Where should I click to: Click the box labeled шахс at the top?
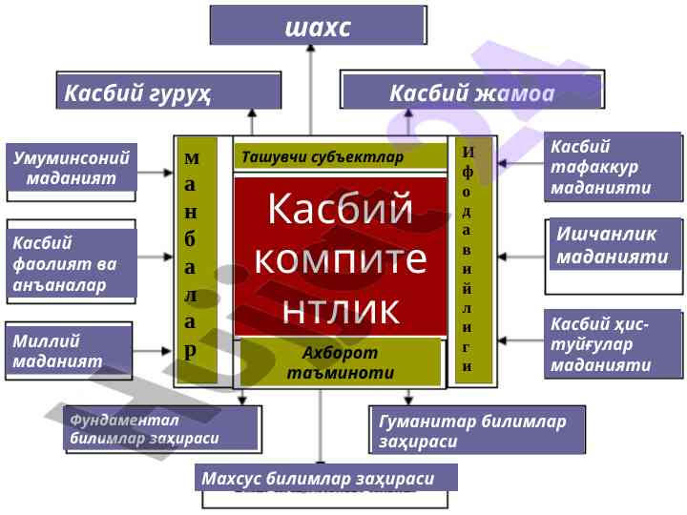tap(318, 26)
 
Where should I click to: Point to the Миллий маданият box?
tap(70, 351)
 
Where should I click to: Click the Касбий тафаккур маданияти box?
tap(613, 167)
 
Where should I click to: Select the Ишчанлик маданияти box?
tap(616, 245)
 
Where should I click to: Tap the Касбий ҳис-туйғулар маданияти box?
tap(613, 343)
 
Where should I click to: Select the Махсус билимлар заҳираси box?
tap(324, 478)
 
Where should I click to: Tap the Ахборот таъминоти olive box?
tap(340, 362)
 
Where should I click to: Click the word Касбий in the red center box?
tap(340, 210)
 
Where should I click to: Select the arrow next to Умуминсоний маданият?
tap(154, 174)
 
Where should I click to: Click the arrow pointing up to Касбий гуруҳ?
tap(252, 122)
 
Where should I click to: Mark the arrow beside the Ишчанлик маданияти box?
tap(521, 257)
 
